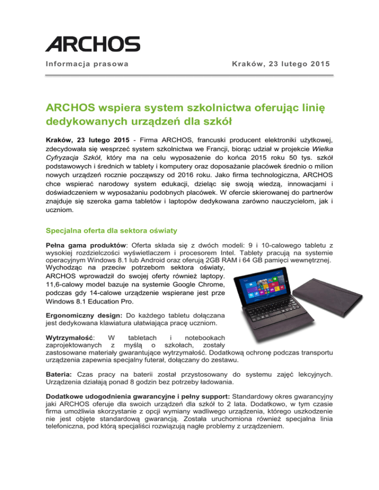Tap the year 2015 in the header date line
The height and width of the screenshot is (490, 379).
point(319,64)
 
